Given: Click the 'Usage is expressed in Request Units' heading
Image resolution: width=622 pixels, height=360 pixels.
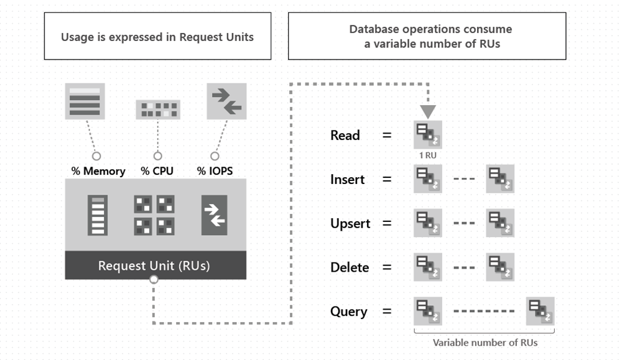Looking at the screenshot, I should click(x=157, y=37).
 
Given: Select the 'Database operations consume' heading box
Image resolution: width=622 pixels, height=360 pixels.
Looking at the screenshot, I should click(x=427, y=36).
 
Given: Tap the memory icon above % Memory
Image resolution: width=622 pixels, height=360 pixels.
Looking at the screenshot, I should click(x=85, y=101).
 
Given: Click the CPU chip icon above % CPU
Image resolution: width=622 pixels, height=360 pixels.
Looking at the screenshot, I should click(x=157, y=109).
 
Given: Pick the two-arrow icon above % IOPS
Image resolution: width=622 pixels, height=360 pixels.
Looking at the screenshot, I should click(x=226, y=101).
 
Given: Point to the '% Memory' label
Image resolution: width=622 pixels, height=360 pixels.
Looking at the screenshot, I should click(x=98, y=171).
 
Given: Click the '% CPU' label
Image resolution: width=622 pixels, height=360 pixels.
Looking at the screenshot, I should click(x=157, y=171).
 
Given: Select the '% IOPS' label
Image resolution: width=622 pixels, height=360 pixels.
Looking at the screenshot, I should click(x=215, y=171).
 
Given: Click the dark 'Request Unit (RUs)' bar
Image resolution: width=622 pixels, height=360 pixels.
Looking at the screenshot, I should click(x=155, y=266).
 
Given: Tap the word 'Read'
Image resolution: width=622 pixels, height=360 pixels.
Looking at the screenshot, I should click(x=345, y=136).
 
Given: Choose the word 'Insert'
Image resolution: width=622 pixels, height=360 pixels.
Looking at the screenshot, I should click(x=348, y=180).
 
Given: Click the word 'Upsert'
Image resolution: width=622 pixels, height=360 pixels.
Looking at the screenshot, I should click(x=350, y=224).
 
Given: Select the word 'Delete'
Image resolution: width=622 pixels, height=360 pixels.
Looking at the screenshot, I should click(x=350, y=268).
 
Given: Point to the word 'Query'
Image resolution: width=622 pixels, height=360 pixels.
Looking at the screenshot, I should click(x=349, y=312).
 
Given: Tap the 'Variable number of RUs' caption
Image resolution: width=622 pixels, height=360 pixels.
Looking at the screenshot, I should click(x=485, y=343).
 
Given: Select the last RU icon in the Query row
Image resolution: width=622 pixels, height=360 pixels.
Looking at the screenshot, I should click(x=540, y=312).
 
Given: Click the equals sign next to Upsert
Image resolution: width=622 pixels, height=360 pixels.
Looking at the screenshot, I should click(x=387, y=224).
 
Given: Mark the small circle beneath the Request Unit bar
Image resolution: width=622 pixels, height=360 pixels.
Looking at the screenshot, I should click(x=154, y=280).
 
